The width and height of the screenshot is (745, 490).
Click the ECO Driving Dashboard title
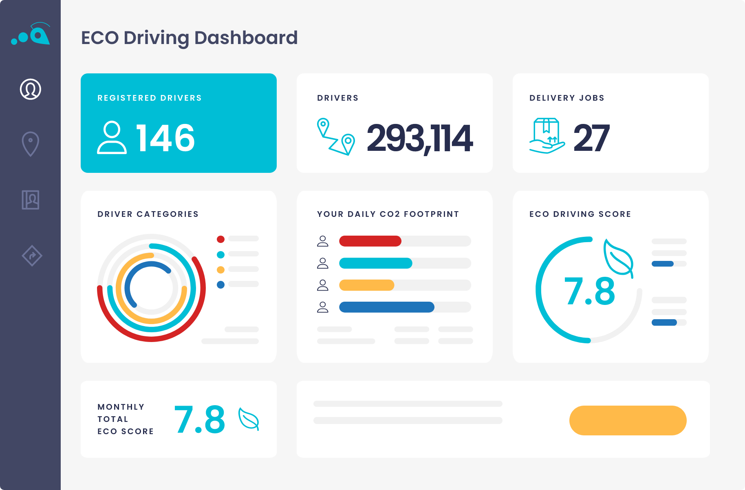pyautogui.click(x=189, y=38)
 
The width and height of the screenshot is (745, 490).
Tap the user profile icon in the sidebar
pyautogui.click(x=31, y=89)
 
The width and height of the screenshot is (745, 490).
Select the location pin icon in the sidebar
pyautogui.click(x=31, y=144)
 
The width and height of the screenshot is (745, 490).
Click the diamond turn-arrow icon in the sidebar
pyautogui.click(x=32, y=256)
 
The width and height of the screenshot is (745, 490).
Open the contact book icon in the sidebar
pyautogui.click(x=31, y=200)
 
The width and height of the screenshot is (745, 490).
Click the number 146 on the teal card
pyautogui.click(x=165, y=138)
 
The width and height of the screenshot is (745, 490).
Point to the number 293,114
pyautogui.click(x=420, y=139)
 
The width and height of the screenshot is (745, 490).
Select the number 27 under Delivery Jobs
pyautogui.click(x=591, y=138)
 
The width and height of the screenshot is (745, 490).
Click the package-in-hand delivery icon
pyautogui.click(x=547, y=136)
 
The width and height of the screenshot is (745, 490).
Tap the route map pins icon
pyautogui.click(x=336, y=137)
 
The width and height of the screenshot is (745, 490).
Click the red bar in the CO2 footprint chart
pyautogui.click(x=370, y=241)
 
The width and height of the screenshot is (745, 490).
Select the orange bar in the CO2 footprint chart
pyautogui.click(x=366, y=285)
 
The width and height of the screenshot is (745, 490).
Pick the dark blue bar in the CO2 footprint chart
pyautogui.click(x=386, y=307)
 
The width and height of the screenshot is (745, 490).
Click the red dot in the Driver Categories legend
pyautogui.click(x=220, y=239)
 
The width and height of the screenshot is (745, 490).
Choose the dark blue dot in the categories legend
pyautogui.click(x=220, y=285)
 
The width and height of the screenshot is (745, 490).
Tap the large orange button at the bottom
pyautogui.click(x=628, y=420)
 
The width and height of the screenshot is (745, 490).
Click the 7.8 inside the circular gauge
pyautogui.click(x=589, y=291)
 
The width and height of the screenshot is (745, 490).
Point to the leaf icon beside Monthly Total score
pyautogui.click(x=249, y=419)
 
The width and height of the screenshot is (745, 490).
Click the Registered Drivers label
pyautogui.click(x=150, y=98)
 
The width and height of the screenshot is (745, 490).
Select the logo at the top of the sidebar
pyautogui.click(x=31, y=34)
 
